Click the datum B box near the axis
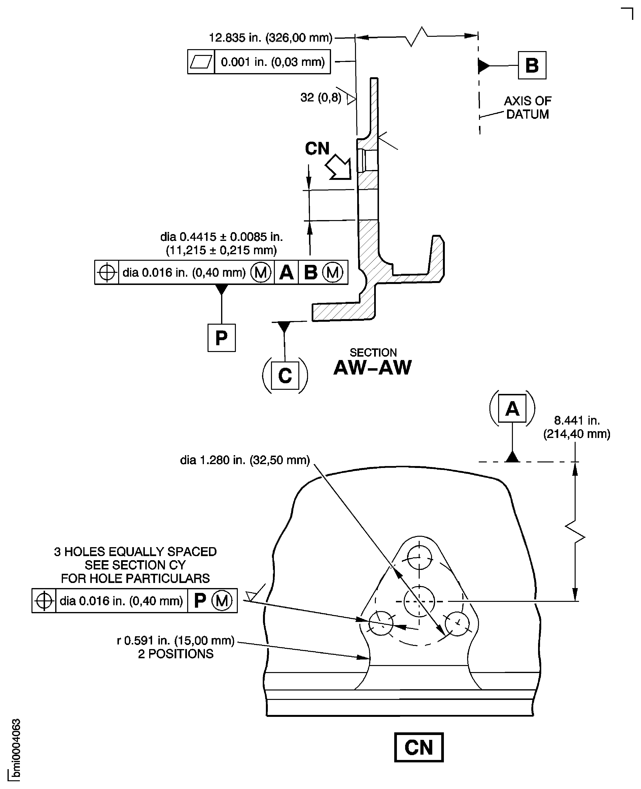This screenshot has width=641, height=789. coord(532,65)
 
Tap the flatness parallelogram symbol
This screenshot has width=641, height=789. coord(201,62)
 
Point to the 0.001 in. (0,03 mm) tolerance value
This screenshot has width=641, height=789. coord(272,62)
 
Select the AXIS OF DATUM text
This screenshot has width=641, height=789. coord(527,107)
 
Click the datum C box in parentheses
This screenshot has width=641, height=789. coord(285,375)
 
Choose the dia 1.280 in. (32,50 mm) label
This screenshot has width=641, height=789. coord(245,460)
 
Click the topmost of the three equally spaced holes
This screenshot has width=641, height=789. coord(419,557)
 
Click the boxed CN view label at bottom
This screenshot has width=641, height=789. coord(418,747)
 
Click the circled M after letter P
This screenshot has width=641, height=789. coord(222,601)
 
